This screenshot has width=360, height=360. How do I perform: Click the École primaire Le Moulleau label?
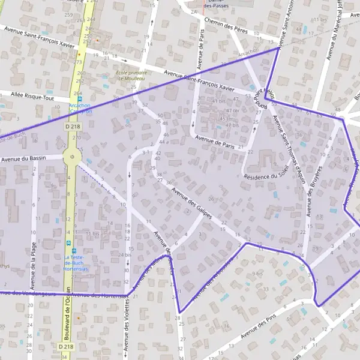pos(128,76)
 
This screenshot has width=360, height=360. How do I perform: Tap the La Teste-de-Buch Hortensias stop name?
pos(77,263)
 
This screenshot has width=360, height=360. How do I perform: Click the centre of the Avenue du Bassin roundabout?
pos(72,158)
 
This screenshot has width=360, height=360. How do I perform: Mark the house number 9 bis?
pos(259,274)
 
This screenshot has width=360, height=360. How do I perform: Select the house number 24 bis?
pos(124,255)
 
